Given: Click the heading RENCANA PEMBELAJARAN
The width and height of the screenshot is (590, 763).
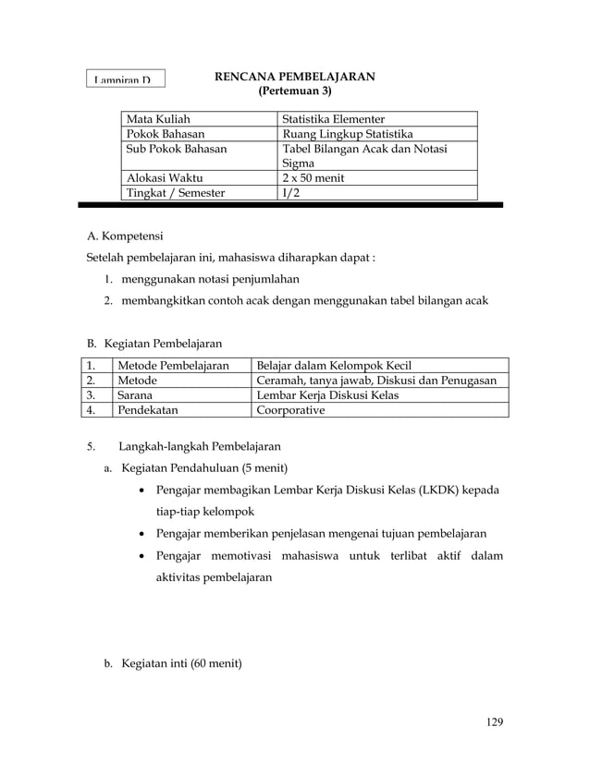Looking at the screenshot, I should [294, 77].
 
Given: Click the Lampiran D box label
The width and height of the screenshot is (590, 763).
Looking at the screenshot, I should [125, 79].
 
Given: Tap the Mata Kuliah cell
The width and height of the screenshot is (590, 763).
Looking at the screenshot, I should [154, 119].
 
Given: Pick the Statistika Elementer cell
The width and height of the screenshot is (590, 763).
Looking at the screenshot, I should [333, 119].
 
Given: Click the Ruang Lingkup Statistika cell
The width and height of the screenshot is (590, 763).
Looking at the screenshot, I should [347, 134].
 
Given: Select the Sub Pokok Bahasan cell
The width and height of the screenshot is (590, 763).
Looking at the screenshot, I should [177, 149].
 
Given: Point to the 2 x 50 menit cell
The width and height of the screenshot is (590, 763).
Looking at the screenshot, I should [313, 178].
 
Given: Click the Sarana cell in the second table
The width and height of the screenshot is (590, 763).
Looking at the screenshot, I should [135, 395].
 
